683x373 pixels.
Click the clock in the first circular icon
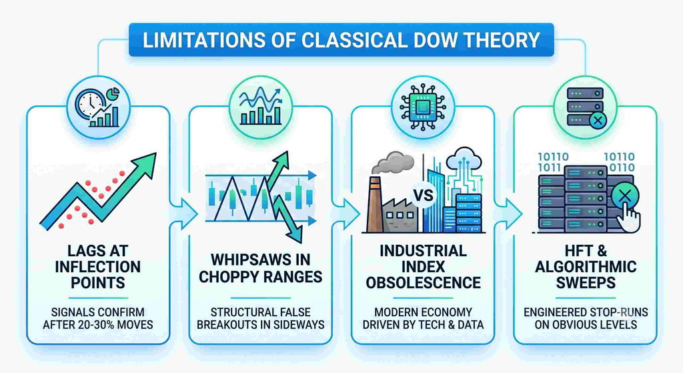click(90, 104)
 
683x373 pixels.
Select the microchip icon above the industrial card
click(422, 107)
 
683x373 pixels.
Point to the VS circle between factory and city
click(424, 195)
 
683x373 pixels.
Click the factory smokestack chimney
click(375, 204)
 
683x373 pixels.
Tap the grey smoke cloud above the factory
click(392, 163)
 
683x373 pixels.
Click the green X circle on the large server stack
click(624, 196)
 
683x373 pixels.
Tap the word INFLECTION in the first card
click(97, 267)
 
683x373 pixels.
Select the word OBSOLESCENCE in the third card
click(424, 283)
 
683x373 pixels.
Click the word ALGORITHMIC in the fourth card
click(586, 267)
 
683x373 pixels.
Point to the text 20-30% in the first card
click(98, 325)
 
